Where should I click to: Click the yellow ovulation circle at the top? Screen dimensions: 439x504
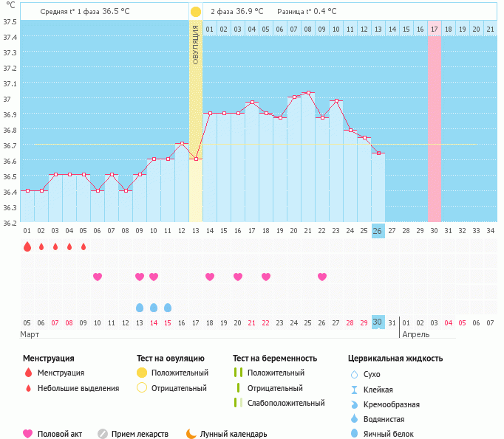pyautogui.click(x=195, y=13)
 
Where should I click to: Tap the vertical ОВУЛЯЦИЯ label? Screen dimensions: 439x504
pyautogui.click(x=196, y=44)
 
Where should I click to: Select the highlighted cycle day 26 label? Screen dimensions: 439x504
pyautogui.click(x=378, y=231)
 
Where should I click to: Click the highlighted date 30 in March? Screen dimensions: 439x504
pyautogui.click(x=378, y=322)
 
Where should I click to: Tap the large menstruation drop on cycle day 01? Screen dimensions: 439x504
pyautogui.click(x=27, y=246)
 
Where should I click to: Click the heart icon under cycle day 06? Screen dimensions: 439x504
pyautogui.click(x=97, y=277)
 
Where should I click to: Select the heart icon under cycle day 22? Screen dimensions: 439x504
pyautogui.click(x=322, y=277)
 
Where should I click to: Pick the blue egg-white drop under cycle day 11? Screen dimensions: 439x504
pyautogui.click(x=168, y=307)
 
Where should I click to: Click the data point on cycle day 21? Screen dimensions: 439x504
pyautogui.click(x=308, y=93)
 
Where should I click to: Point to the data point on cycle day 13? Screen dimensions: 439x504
pyautogui.click(x=196, y=159)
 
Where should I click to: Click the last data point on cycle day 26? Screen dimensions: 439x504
pyautogui.click(x=378, y=153)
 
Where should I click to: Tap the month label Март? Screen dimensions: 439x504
pyautogui.click(x=30, y=334)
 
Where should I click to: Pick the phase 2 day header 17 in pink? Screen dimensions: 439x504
pyautogui.click(x=435, y=29)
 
